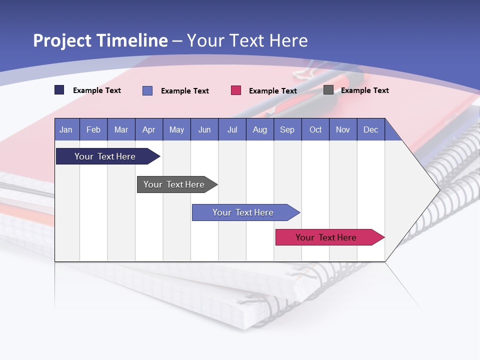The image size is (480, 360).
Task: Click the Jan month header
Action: (66, 129)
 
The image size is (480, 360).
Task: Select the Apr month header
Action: (149, 129)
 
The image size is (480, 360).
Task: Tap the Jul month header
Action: (232, 129)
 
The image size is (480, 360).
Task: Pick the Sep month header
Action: (287, 129)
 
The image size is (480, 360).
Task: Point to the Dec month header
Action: (370, 129)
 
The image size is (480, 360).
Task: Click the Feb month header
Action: (93, 129)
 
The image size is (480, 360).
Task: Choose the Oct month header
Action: (315, 129)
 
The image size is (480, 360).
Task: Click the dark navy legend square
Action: (59, 90)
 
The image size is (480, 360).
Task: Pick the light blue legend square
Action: (147, 90)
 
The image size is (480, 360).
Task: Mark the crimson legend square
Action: (236, 90)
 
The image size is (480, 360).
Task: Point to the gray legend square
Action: (328, 90)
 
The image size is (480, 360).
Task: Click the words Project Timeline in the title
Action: (100, 40)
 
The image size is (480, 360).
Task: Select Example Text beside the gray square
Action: (365, 90)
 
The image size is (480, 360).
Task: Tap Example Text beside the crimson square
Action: (273, 91)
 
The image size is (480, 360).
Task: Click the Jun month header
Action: (204, 129)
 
